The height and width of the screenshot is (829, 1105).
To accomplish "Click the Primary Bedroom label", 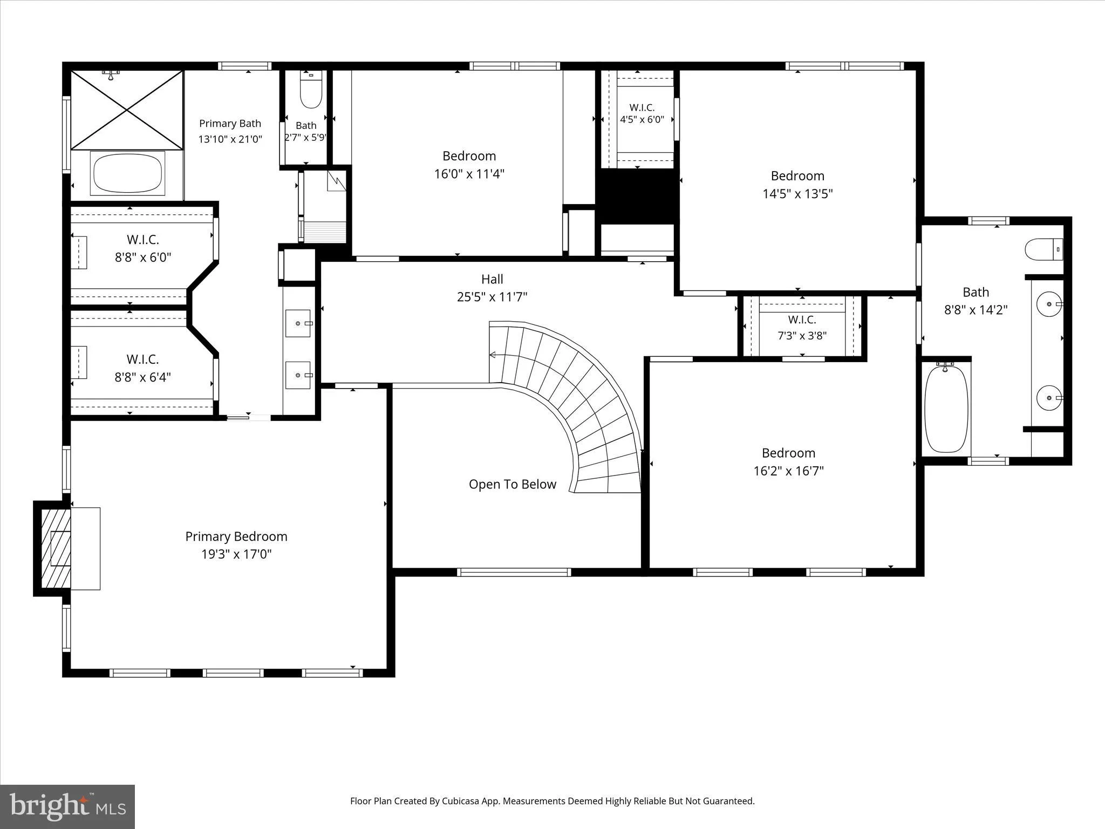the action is [x=236, y=536].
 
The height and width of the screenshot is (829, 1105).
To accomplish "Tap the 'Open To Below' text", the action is [x=512, y=484].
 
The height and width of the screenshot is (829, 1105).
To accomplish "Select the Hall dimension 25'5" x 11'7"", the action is [x=492, y=297].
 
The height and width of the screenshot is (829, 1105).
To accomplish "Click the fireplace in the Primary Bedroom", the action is [x=52, y=548].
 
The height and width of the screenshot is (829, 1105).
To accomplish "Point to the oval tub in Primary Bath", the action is [x=127, y=173].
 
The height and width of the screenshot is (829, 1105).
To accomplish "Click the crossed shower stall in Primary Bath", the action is [x=127, y=110].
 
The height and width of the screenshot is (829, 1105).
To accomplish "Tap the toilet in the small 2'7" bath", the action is [x=310, y=90].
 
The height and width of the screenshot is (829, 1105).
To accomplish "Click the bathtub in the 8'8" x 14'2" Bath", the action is [x=946, y=408].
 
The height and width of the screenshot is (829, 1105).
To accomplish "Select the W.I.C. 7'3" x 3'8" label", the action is [x=802, y=328].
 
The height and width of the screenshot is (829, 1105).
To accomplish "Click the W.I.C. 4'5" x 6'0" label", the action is [x=642, y=113].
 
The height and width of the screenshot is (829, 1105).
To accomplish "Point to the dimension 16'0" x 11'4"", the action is [x=469, y=174].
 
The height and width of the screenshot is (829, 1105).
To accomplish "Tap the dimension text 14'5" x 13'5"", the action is [x=797, y=194].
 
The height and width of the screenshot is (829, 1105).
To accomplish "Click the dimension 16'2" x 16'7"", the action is [x=788, y=471].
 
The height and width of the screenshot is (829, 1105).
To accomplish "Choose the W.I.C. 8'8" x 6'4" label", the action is [x=142, y=368].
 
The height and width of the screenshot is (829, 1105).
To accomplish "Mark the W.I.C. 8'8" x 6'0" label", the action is [x=142, y=248].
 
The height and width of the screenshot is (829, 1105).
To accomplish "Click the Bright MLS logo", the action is [x=67, y=806].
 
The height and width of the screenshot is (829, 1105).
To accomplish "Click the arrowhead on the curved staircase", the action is [x=492, y=355].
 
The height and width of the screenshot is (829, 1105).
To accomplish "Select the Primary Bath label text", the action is [x=230, y=124].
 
